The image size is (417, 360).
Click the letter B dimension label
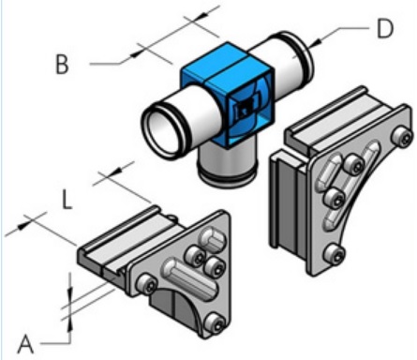[x=62, y=65]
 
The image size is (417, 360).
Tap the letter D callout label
[x=385, y=28]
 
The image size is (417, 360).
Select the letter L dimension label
[x=67, y=200]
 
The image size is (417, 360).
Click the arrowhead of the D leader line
[x=315, y=43]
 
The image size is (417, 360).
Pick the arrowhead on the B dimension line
[x=136, y=53]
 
